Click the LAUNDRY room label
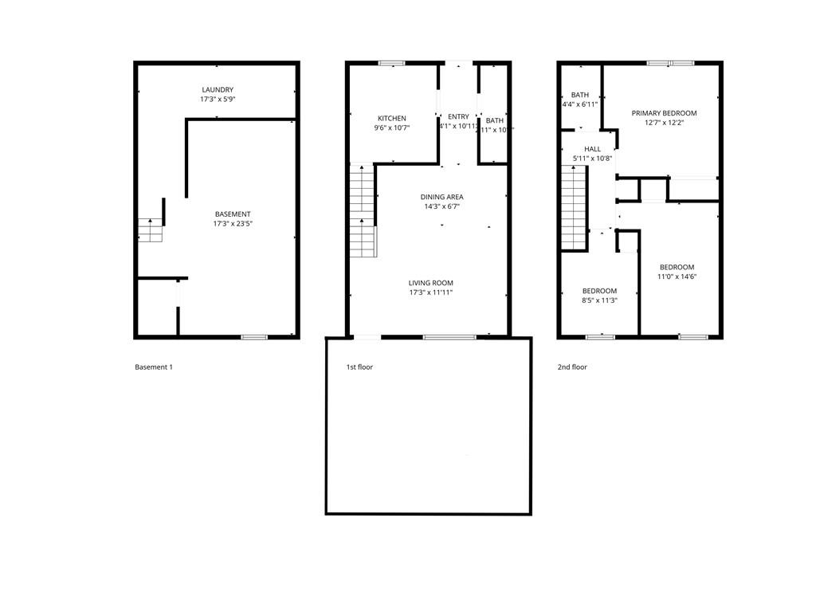pyautogui.click(x=218, y=90)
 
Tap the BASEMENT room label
pyautogui.click(x=233, y=214)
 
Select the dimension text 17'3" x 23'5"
pyautogui.click(x=233, y=224)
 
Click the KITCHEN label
pyautogui.click(x=391, y=118)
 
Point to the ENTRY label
pyautogui.click(x=458, y=117)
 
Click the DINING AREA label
pyautogui.click(x=442, y=197)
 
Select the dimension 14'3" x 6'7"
pyautogui.click(x=442, y=206)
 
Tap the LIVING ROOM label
pyautogui.click(x=430, y=283)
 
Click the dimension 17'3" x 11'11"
pyautogui.click(x=430, y=292)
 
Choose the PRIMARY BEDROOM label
pyautogui.click(x=664, y=113)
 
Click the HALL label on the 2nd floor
pyautogui.click(x=592, y=149)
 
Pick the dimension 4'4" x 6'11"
pyautogui.click(x=579, y=104)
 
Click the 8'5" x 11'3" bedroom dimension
pyautogui.click(x=599, y=300)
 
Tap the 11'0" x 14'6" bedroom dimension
pyautogui.click(x=676, y=277)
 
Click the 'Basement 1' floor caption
pyautogui.click(x=154, y=367)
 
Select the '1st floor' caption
pyautogui.click(x=359, y=367)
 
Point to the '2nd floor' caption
pyautogui.click(x=572, y=367)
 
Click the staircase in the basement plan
pyautogui.click(x=149, y=230)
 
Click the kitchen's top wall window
pyautogui.click(x=391, y=63)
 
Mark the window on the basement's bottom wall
pyautogui.click(x=254, y=337)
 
